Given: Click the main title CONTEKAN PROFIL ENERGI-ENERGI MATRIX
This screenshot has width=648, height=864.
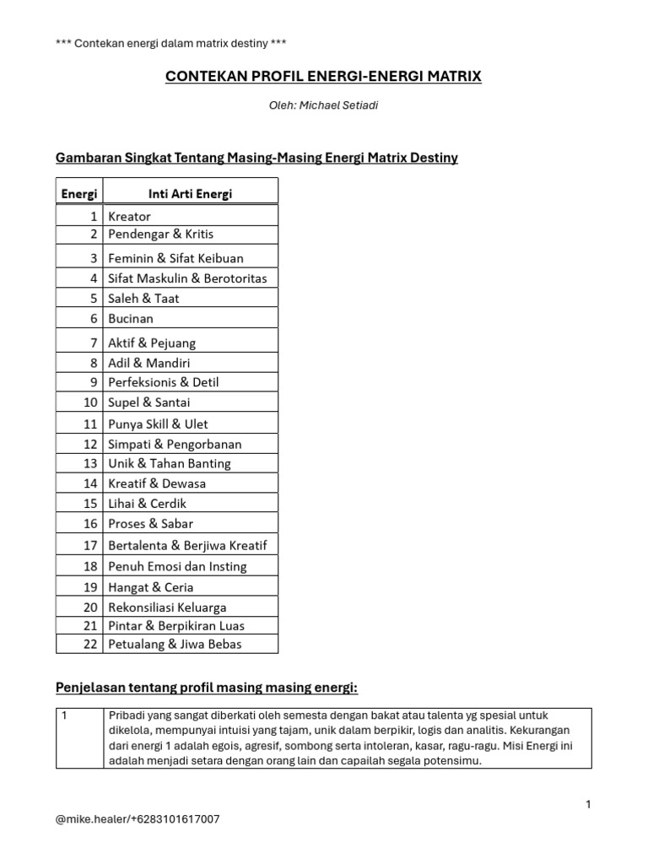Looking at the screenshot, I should (323, 77).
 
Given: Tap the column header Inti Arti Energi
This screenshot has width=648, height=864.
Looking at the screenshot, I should (190, 193).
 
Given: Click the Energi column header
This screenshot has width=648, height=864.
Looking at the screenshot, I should (79, 193).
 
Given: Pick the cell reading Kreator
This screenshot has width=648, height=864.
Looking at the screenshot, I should (130, 216).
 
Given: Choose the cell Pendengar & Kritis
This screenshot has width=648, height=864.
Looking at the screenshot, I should (160, 234).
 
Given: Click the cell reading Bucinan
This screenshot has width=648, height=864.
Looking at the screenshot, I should (131, 318).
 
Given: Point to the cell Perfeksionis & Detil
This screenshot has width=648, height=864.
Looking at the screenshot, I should (164, 382).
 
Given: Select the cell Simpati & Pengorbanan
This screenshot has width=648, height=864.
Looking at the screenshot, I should (175, 444).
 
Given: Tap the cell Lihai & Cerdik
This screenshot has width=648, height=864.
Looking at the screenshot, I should (147, 504).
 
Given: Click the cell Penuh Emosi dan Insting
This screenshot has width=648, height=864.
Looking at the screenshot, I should (177, 567).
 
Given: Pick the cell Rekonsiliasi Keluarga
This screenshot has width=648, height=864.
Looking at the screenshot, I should (167, 607).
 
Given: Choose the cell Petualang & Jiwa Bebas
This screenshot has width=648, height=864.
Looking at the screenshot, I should (175, 644).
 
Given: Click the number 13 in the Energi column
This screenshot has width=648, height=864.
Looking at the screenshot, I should (91, 463).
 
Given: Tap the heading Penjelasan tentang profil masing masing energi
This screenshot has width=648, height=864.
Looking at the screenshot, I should (207, 688).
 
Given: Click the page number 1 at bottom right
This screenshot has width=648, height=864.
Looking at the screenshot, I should (588, 805).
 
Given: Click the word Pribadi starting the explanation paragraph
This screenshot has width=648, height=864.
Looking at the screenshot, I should (127, 715).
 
